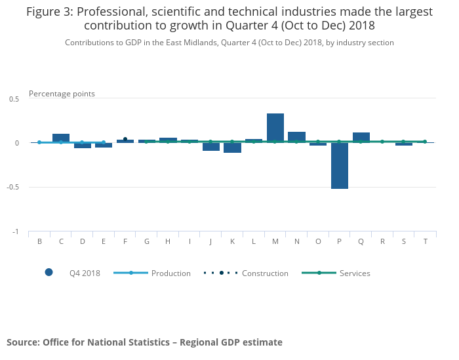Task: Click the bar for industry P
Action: (x=339, y=166)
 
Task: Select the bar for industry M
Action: (x=275, y=128)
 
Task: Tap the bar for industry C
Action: (x=61, y=138)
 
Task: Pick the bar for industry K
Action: (x=232, y=148)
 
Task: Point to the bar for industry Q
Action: (x=361, y=137)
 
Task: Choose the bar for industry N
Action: (x=296, y=137)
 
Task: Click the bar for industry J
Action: (x=211, y=147)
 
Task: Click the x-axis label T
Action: (x=425, y=241)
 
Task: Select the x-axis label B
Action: (x=39, y=241)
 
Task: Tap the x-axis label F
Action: (x=125, y=241)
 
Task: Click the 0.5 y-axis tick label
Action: (x=14, y=98)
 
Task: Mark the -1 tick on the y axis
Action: (x=16, y=232)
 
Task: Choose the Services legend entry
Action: (x=355, y=273)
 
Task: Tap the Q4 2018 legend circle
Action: (x=49, y=273)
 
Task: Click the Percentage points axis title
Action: (x=62, y=94)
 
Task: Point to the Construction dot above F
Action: (x=125, y=139)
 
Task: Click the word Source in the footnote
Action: (x=22, y=342)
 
